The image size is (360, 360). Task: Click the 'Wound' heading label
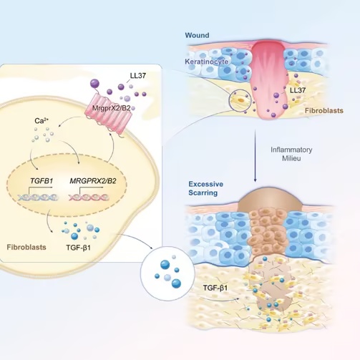(197, 35)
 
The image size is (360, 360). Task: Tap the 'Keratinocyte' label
(207, 62)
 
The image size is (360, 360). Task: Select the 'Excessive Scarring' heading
(206, 188)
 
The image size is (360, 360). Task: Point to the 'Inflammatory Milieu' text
(291, 154)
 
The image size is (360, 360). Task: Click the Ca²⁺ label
(42, 121)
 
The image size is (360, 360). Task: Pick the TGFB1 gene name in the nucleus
(42, 181)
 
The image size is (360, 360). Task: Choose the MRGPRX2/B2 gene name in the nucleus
(93, 181)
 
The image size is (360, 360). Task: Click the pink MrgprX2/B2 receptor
(109, 113)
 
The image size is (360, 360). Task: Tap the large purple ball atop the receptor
(94, 84)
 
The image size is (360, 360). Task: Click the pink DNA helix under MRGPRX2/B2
(89, 198)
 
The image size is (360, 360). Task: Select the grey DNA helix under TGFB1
(38, 197)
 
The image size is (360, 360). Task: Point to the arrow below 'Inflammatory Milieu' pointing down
(256, 156)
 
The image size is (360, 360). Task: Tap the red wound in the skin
(268, 79)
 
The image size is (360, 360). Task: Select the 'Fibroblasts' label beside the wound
(324, 111)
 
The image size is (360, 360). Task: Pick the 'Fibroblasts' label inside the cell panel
(26, 247)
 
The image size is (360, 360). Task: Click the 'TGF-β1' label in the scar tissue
(215, 288)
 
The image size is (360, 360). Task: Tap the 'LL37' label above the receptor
(138, 76)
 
